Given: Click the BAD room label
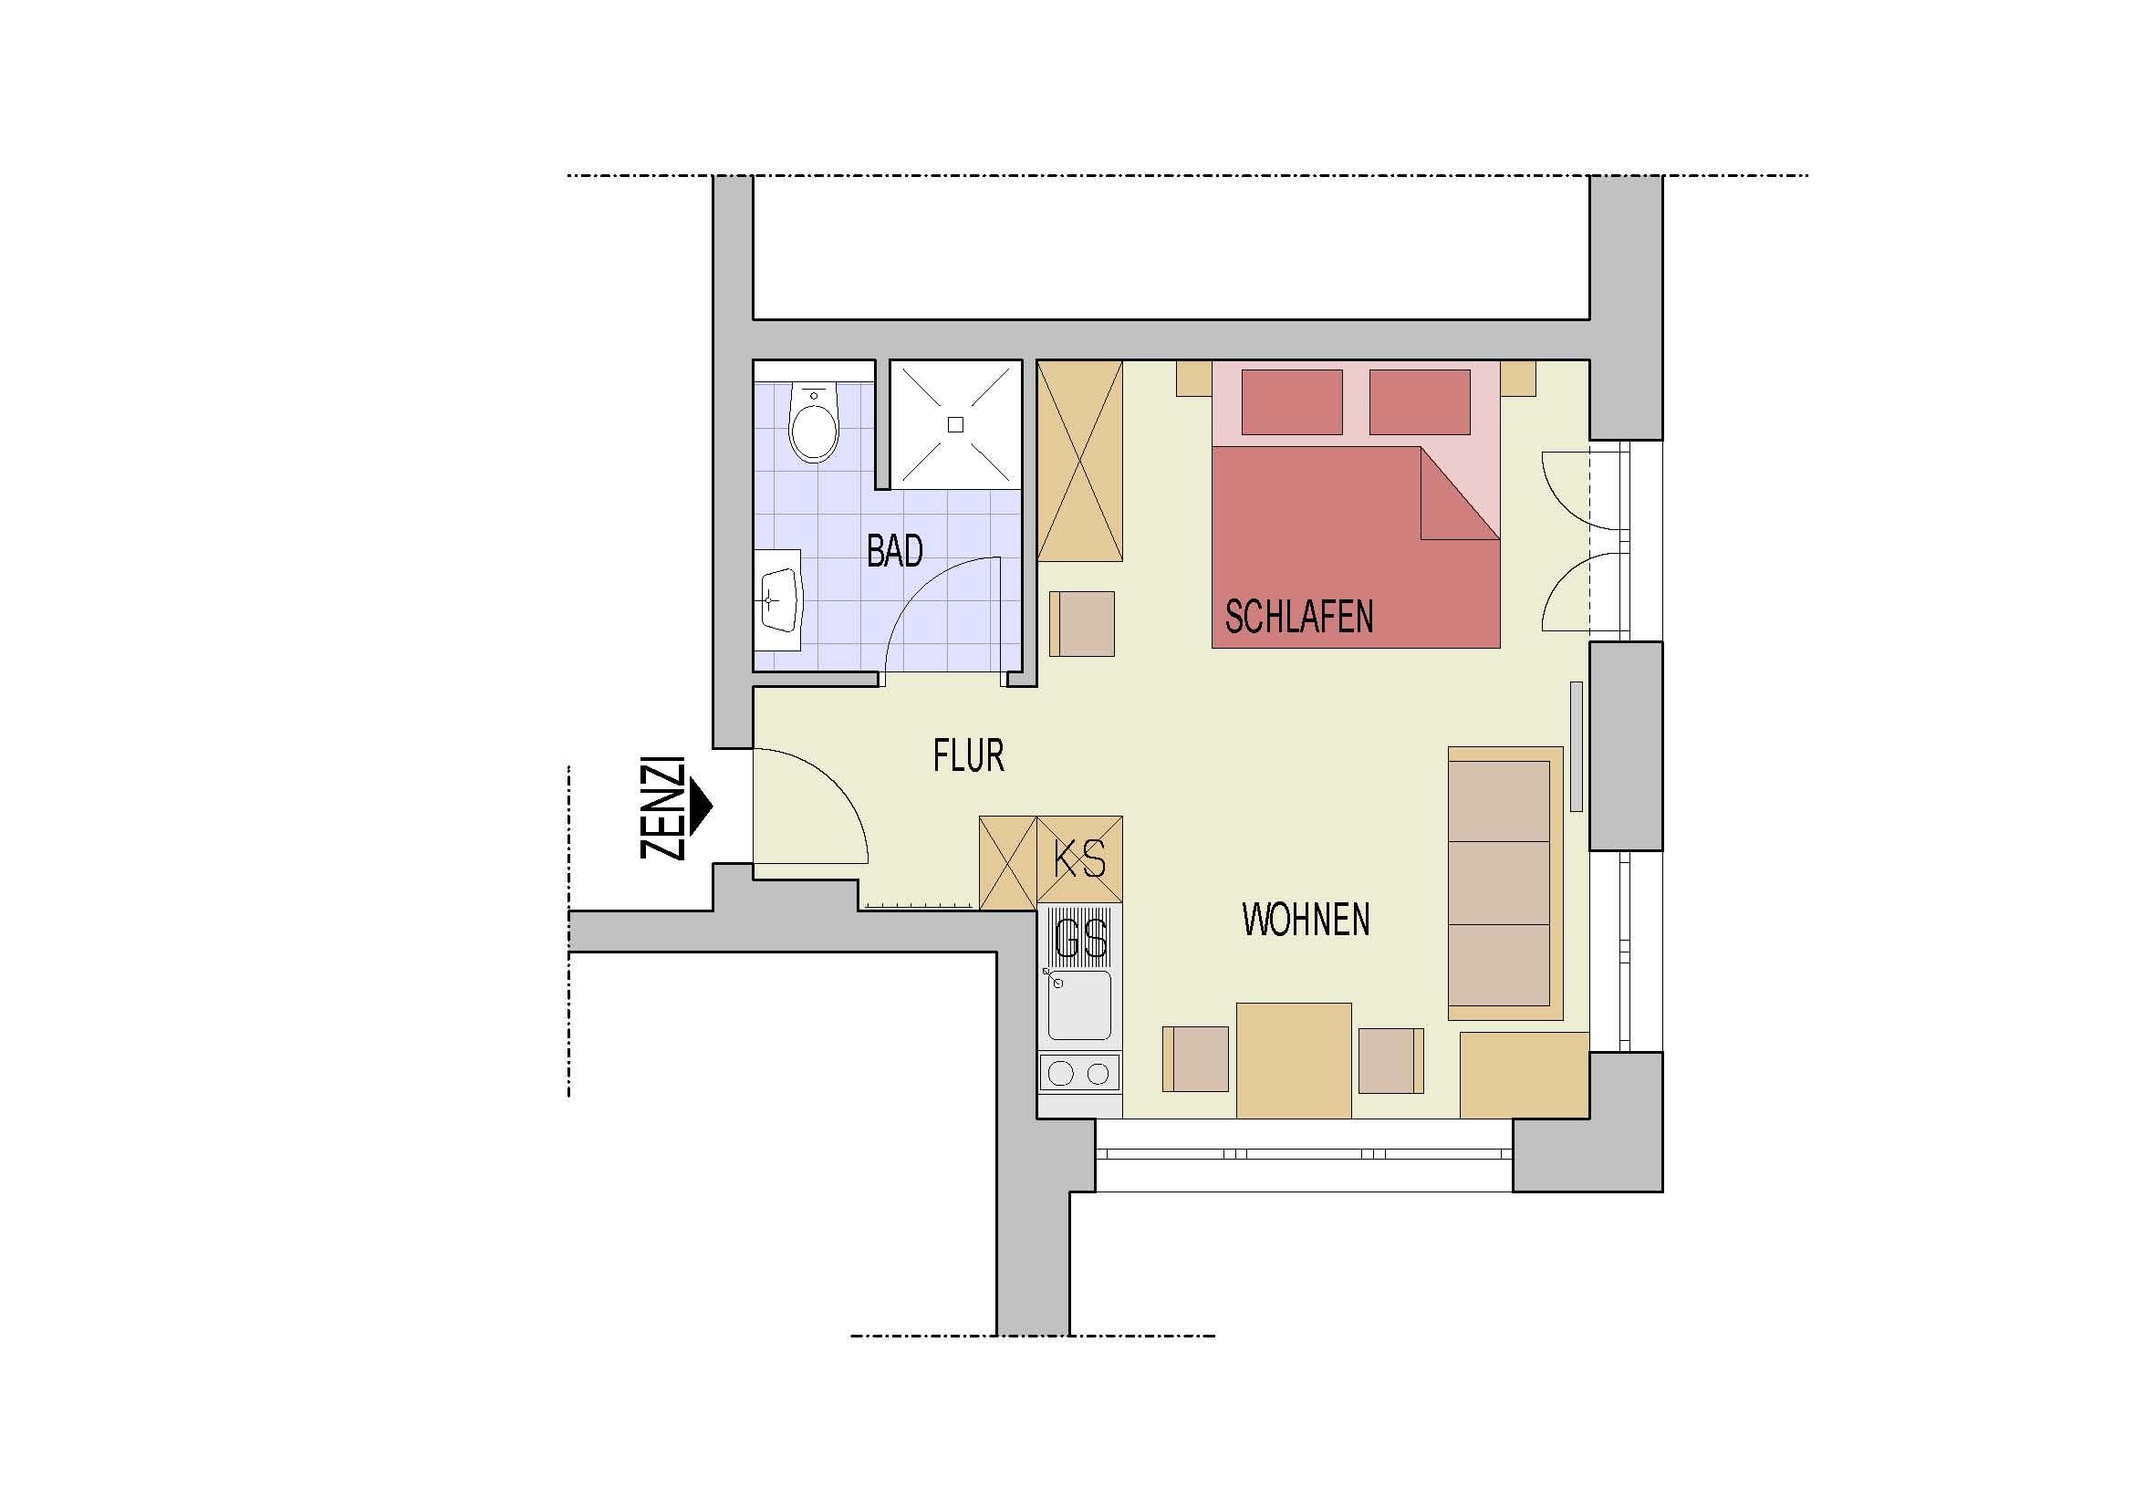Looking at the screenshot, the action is coord(894,551).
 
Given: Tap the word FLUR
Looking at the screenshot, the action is coord(969,756).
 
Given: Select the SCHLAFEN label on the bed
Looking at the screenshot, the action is coord(1298,616).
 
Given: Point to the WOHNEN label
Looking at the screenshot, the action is coord(1305,919).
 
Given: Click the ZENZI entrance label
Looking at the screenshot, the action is coord(662,808).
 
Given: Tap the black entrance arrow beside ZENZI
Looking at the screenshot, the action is coord(700,804).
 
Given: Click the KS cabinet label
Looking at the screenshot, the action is coord(1080,859).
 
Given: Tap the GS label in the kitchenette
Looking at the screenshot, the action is coord(1081,939).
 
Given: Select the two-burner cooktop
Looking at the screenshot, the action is coord(1079,1074).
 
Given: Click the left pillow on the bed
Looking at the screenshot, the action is coord(1292,401).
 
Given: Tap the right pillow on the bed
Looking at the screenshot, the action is coord(1420,401).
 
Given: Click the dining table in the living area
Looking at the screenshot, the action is coord(1293,1060).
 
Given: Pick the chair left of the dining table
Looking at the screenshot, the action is coord(1196,1059).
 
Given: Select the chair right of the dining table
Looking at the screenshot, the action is coord(1391,1060).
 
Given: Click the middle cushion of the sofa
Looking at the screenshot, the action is coord(1499,883).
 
